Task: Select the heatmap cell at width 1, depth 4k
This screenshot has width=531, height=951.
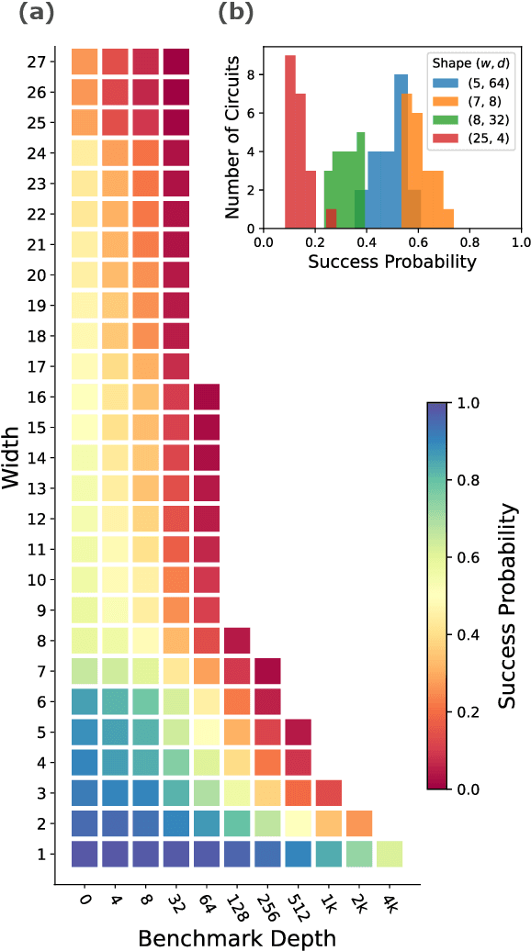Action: click(x=390, y=854)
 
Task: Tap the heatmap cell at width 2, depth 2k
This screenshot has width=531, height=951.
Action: click(x=359, y=823)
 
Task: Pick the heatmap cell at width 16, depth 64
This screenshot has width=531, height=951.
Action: click(x=208, y=397)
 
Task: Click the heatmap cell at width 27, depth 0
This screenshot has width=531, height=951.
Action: click(x=85, y=62)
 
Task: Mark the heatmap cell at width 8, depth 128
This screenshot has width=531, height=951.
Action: click(x=238, y=641)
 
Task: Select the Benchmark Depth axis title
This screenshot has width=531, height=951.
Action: click(x=237, y=936)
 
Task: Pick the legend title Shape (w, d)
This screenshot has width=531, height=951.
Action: click(x=472, y=62)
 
